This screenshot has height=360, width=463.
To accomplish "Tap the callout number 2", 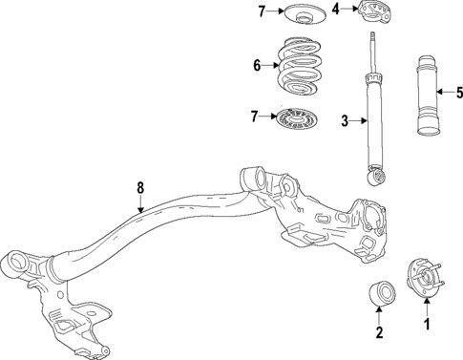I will [x=379, y=332].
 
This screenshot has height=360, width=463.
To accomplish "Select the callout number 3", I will [x=346, y=121].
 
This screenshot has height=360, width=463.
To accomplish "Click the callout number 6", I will [x=257, y=66].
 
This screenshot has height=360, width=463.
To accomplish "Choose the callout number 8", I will [x=140, y=188].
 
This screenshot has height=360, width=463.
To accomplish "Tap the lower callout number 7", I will [x=255, y=116].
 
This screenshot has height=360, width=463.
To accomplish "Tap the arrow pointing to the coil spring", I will [x=270, y=66].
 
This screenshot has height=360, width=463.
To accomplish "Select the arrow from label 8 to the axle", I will [x=140, y=203].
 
